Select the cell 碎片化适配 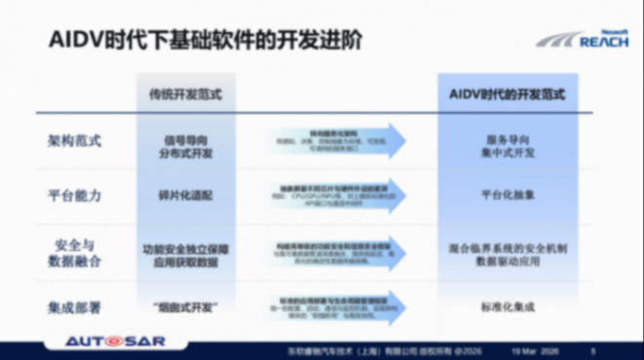click(x=184, y=195)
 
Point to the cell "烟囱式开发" click(x=184, y=307)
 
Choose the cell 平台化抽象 click(x=508, y=195)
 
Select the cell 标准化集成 click(x=508, y=307)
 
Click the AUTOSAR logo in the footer click(x=117, y=342)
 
